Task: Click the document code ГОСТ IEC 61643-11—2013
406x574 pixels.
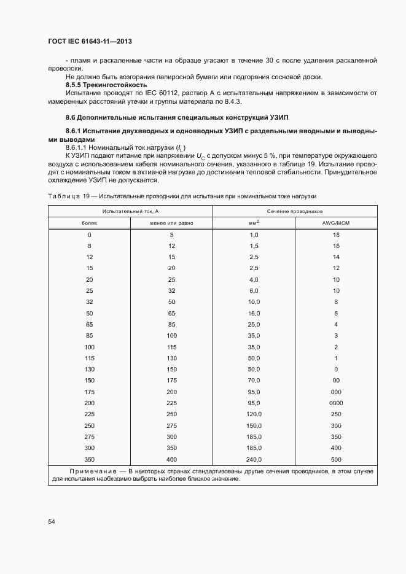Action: pos(90,41)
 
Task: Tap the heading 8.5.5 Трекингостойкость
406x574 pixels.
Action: pos(106,85)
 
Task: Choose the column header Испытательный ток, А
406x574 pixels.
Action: pos(130,211)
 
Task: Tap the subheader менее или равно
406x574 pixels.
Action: pos(171,223)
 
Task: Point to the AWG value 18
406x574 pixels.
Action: pos(336,235)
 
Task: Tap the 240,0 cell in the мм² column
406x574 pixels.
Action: pos(254,459)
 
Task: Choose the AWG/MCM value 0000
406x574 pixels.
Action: pos(336,403)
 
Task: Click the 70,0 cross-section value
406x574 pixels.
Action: pos(254,381)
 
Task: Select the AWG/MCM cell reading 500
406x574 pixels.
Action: pos(336,459)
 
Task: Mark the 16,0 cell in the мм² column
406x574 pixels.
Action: pos(254,313)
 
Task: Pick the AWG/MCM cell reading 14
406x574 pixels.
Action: pos(336,257)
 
